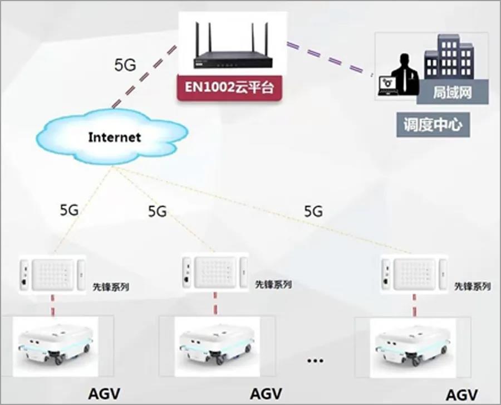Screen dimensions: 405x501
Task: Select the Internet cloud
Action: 114,136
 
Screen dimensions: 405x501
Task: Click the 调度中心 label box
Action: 433,124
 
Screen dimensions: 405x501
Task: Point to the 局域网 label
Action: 452,92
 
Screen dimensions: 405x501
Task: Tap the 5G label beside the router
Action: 125,64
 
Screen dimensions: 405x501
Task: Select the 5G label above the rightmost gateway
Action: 313,212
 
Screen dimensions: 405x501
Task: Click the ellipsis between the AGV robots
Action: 315,360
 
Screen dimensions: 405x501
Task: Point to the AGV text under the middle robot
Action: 266,393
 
